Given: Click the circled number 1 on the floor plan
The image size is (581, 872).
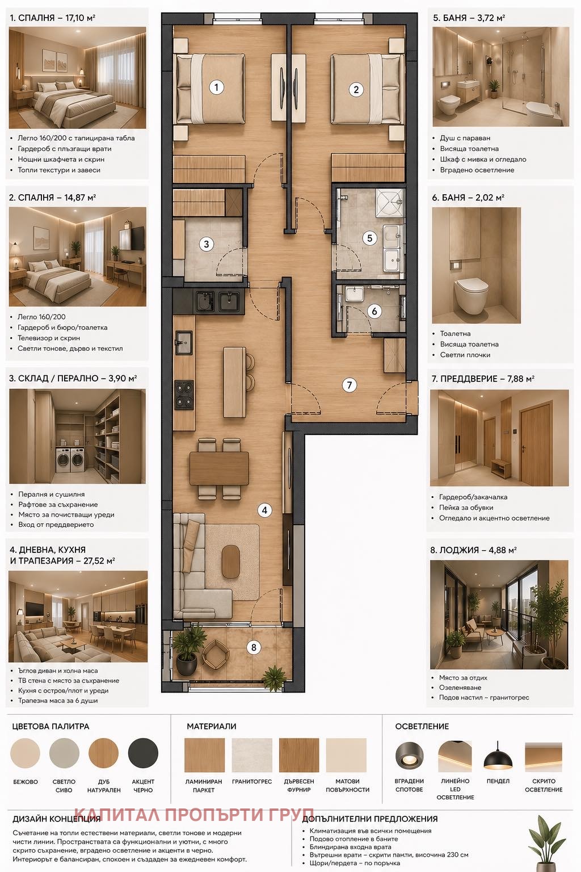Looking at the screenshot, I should coord(216,87).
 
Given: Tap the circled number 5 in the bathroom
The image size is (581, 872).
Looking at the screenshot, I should coord(369,238).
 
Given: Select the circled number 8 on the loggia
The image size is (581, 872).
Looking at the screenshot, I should coord(254,647).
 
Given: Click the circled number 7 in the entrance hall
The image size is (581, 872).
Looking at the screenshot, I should coord(350,385).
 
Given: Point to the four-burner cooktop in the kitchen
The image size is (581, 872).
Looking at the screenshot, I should coord(184,395).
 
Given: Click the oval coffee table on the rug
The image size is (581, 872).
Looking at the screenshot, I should coord(231,561).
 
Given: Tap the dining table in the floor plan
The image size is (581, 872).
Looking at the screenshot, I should coord(219,468).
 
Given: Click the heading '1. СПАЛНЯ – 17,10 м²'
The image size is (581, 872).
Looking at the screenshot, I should coord(52,18).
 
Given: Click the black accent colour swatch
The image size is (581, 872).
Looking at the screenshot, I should coord(143,753).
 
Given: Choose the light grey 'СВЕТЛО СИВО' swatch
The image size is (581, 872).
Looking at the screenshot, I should coord(64,753).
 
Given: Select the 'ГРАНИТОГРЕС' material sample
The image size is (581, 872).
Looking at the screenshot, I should coord(252,755).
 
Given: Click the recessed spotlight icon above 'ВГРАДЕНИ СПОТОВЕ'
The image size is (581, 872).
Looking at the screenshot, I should coord(409,754).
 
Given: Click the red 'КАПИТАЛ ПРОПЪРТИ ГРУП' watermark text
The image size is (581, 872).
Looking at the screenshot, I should coord(193,815).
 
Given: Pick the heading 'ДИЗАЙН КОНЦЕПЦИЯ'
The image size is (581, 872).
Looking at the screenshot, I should coord(56,819).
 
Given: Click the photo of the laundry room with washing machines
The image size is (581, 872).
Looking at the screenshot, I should coord(77,436).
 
